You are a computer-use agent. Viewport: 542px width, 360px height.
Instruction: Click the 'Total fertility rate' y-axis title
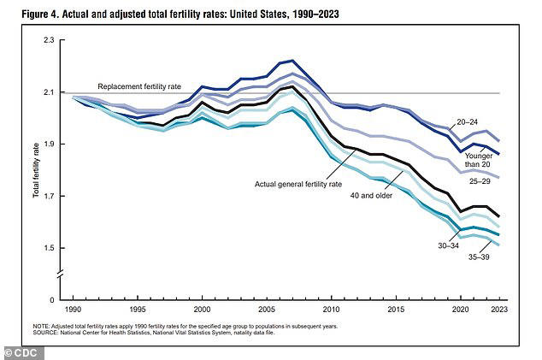(37, 169)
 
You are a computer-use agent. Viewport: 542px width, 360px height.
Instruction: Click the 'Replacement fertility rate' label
(138, 86)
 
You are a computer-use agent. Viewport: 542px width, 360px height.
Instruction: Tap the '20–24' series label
(488, 122)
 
